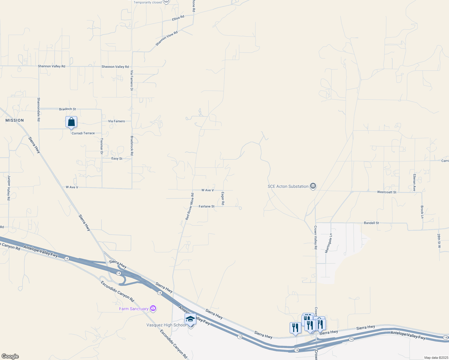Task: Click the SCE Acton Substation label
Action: click(288, 186)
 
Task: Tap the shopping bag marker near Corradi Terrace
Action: click(71, 122)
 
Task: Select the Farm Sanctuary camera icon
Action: click(153, 308)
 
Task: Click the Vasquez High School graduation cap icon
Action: click(190, 319)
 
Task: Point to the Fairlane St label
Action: click(206, 206)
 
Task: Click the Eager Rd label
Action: click(223, 199)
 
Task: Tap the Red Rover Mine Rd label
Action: click(189, 207)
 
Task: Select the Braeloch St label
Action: click(68, 109)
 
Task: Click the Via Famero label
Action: click(116, 121)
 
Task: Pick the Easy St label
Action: click(117, 158)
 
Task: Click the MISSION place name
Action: click(14, 120)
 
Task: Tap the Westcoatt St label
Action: click(387, 192)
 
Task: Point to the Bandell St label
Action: click(371, 223)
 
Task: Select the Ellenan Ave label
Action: click(414, 182)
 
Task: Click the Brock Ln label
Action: click(422, 212)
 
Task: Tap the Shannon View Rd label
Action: click(167, 38)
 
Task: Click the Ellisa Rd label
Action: click(178, 18)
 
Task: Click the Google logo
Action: click(10, 356)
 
